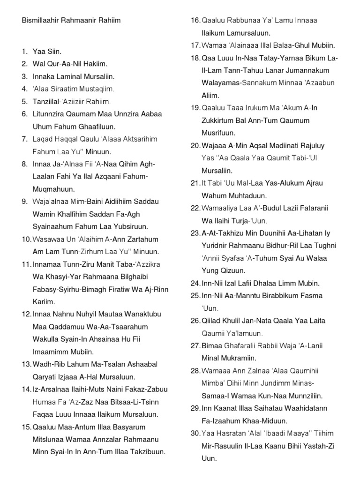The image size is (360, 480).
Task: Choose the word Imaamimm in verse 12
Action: pos(49,352)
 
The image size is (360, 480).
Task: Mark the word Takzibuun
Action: pos(144,452)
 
